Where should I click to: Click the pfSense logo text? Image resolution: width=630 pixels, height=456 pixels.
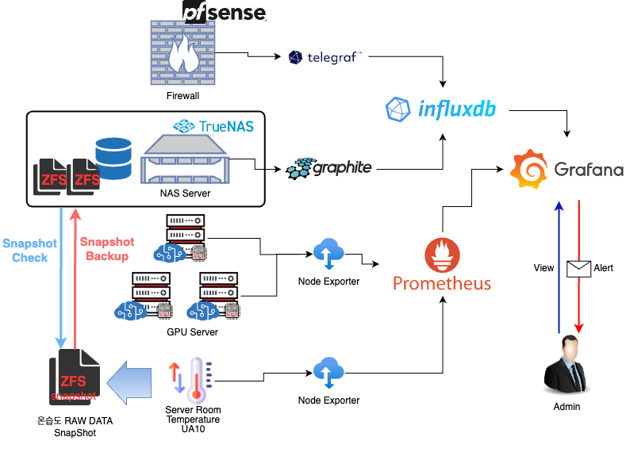(x=224, y=11)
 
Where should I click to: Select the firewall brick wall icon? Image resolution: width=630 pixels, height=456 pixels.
(x=183, y=52)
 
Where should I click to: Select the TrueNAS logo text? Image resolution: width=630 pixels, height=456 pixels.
(x=217, y=125)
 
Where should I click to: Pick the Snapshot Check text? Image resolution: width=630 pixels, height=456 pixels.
(x=29, y=251)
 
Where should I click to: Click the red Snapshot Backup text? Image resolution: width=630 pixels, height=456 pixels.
(x=107, y=249)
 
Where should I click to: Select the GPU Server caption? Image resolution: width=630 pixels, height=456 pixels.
(x=192, y=331)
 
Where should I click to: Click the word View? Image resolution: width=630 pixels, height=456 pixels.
(x=544, y=268)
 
